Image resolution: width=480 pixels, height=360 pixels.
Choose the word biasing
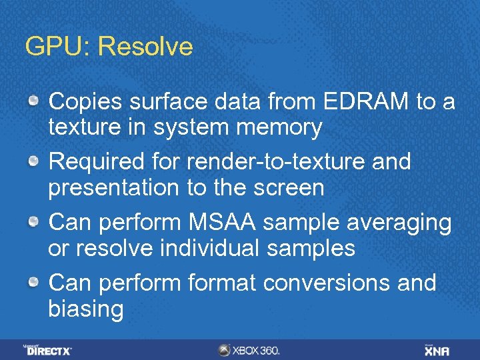pyautogui.click(x=86, y=309)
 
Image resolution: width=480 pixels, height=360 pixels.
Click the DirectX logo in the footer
pyautogui.click(x=48, y=349)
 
